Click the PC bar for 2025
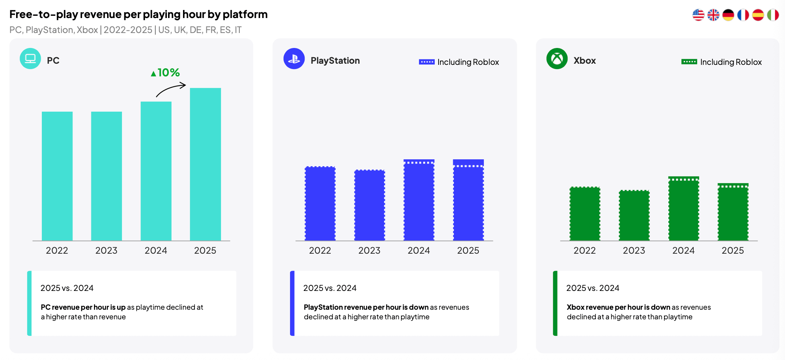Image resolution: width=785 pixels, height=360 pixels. pos(205,164)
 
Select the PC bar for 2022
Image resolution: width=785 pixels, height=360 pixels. pos(57,176)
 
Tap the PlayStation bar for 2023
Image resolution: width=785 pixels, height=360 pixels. pos(369,205)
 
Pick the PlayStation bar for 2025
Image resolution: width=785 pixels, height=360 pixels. pos(468,200)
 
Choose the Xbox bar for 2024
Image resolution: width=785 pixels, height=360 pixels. pos(684,208)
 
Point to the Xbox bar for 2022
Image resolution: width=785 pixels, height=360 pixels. pos(585,214)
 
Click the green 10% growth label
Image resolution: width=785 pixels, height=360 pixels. pos(165,73)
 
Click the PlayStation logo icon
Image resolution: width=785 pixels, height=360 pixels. pos(294,59)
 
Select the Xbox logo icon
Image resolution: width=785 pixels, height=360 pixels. pos(557,59)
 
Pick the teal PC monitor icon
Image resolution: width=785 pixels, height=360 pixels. pos(30,59)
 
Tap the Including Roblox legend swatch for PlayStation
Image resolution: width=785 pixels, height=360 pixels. pos(427,62)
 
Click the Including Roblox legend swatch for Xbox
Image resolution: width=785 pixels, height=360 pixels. pos(689,62)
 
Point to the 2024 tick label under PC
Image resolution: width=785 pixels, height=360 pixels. pos(156,251)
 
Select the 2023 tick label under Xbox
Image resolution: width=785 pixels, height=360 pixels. pos(634,251)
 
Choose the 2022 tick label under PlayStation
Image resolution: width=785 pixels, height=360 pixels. pos(320,251)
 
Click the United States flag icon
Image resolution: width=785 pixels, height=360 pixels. pos(698,15)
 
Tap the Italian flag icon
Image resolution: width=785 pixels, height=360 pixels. pos(773,15)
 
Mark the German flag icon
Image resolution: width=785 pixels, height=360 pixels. pos(728,15)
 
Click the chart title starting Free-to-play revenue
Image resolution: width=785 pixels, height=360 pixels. pos(139,14)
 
